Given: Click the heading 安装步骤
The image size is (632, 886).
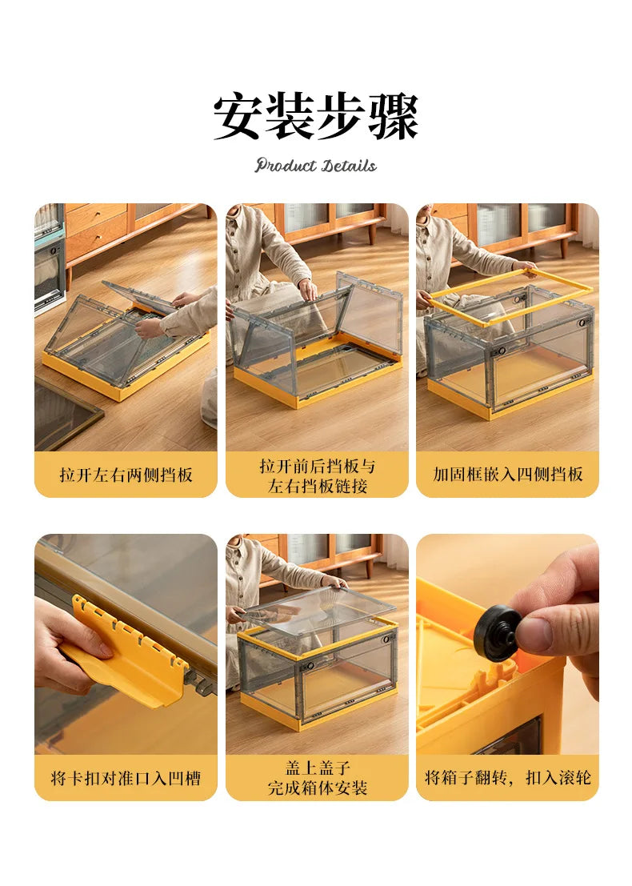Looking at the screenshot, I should [315, 117].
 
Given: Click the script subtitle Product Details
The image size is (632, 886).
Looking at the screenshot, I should [315, 166].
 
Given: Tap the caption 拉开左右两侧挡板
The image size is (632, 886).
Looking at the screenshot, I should [126, 475].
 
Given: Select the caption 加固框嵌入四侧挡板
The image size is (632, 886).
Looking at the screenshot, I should [507, 475].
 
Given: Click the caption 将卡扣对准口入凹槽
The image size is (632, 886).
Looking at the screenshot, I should [126, 777].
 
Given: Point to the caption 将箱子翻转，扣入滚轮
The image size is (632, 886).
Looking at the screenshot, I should [507, 777].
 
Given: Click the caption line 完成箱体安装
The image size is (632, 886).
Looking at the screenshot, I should [317, 788].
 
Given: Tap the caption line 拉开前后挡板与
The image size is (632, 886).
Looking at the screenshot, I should [317, 465].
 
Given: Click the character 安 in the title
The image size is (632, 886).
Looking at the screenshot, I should [238, 117].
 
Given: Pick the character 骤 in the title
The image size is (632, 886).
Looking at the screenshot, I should [394, 117].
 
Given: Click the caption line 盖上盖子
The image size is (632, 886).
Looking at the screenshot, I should [317, 767].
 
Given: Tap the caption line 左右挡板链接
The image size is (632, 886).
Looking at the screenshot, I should [317, 486].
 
